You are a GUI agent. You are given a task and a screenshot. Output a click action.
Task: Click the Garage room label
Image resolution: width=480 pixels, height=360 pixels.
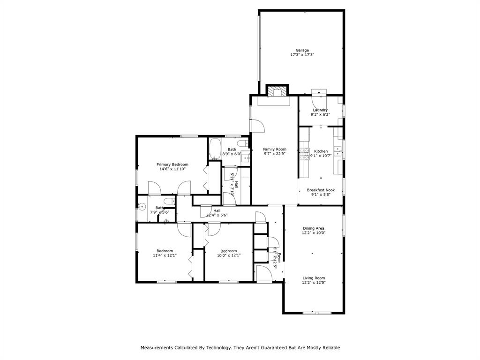(302, 50)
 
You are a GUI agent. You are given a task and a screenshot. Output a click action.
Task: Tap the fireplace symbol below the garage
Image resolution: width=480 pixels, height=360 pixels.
(277, 91)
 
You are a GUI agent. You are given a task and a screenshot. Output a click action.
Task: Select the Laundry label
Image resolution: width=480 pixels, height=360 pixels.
(321, 110)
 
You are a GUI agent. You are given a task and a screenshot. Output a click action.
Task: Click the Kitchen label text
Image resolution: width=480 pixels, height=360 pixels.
(321, 151)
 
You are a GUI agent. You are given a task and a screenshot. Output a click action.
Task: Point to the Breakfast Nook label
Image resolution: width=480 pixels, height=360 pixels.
(321, 190)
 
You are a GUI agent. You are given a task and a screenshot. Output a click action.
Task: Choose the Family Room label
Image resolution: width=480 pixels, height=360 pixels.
(275, 149)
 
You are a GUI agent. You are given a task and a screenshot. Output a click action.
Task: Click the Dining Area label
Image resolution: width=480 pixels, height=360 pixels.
(314, 228)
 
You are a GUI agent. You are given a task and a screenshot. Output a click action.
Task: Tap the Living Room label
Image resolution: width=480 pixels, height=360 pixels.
(314, 278)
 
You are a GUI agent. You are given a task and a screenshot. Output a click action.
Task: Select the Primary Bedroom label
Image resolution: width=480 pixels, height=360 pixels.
(172, 165)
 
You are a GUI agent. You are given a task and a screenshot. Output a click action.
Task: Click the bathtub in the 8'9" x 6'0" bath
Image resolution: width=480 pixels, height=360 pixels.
(215, 150)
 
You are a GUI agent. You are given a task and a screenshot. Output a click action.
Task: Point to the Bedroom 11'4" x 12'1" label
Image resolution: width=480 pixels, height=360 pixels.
(165, 251)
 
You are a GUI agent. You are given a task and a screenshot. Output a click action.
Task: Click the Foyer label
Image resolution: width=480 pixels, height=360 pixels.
(279, 257)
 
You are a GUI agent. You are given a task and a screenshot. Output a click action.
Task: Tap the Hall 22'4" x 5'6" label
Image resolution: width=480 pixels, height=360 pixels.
(217, 210)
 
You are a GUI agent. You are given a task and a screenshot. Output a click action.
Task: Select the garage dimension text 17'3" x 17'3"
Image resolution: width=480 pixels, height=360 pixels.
(302, 55)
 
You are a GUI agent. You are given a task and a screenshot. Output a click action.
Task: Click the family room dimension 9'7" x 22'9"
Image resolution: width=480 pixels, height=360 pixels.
(275, 153)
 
